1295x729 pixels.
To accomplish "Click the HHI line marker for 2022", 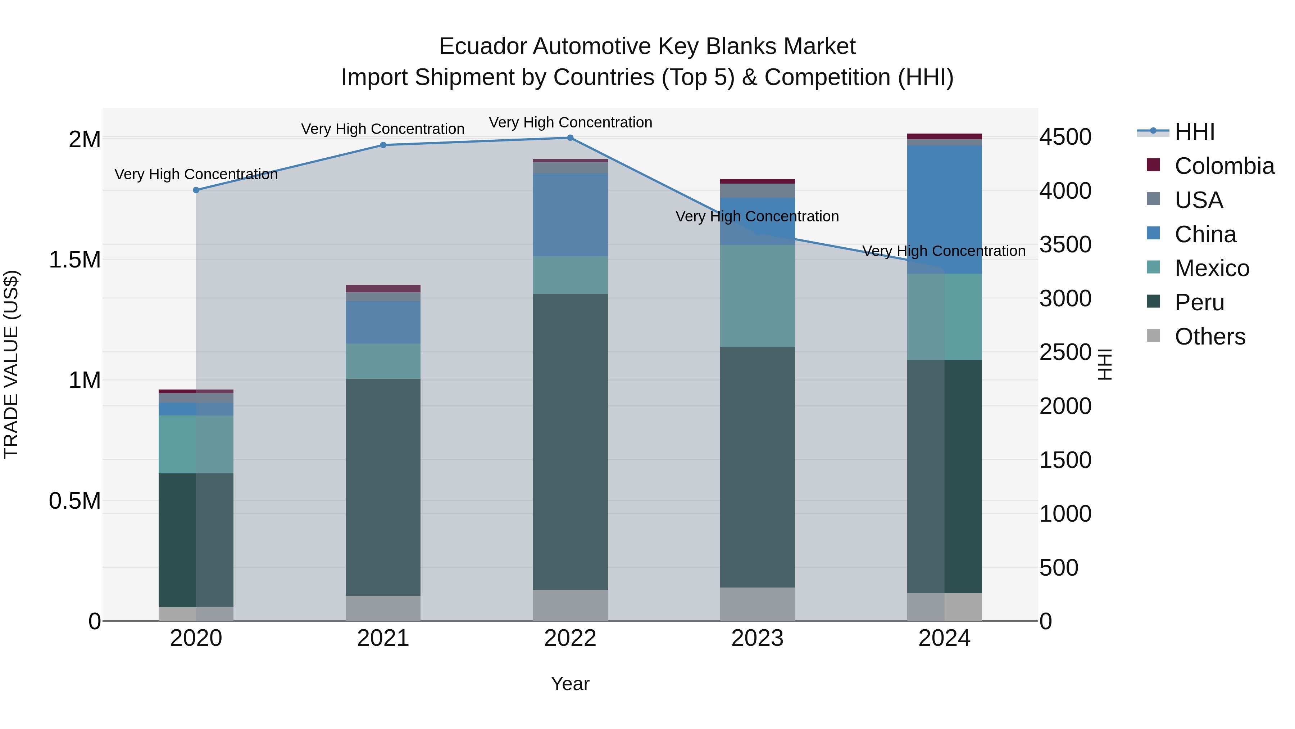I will tap(570, 138).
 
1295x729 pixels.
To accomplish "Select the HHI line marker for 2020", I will tap(196, 190).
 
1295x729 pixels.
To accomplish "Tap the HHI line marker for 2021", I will tap(383, 145).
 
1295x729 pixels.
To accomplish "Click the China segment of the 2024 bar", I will tap(944, 209).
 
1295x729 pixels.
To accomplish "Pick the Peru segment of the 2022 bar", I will tap(570, 442).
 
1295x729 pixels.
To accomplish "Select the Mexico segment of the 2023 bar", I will tap(757, 296).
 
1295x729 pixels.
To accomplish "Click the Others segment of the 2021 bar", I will tap(383, 608).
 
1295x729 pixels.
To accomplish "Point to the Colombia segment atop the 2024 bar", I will tap(944, 136).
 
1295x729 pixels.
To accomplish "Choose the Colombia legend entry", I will tap(1224, 166).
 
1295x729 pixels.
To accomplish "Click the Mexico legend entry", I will tap(1212, 268).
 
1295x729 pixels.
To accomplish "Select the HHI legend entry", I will tap(1194, 132).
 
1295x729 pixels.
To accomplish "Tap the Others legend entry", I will tap(1209, 337).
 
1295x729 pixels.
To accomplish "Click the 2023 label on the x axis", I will tap(757, 638).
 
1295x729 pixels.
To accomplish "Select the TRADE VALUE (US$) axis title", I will tap(11, 364).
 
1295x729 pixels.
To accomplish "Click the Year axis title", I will tap(570, 684).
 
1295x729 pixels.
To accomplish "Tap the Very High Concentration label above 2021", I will tap(383, 129).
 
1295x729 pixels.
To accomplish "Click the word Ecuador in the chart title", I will tap(483, 46).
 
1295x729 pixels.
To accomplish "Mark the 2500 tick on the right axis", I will tap(1065, 352).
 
